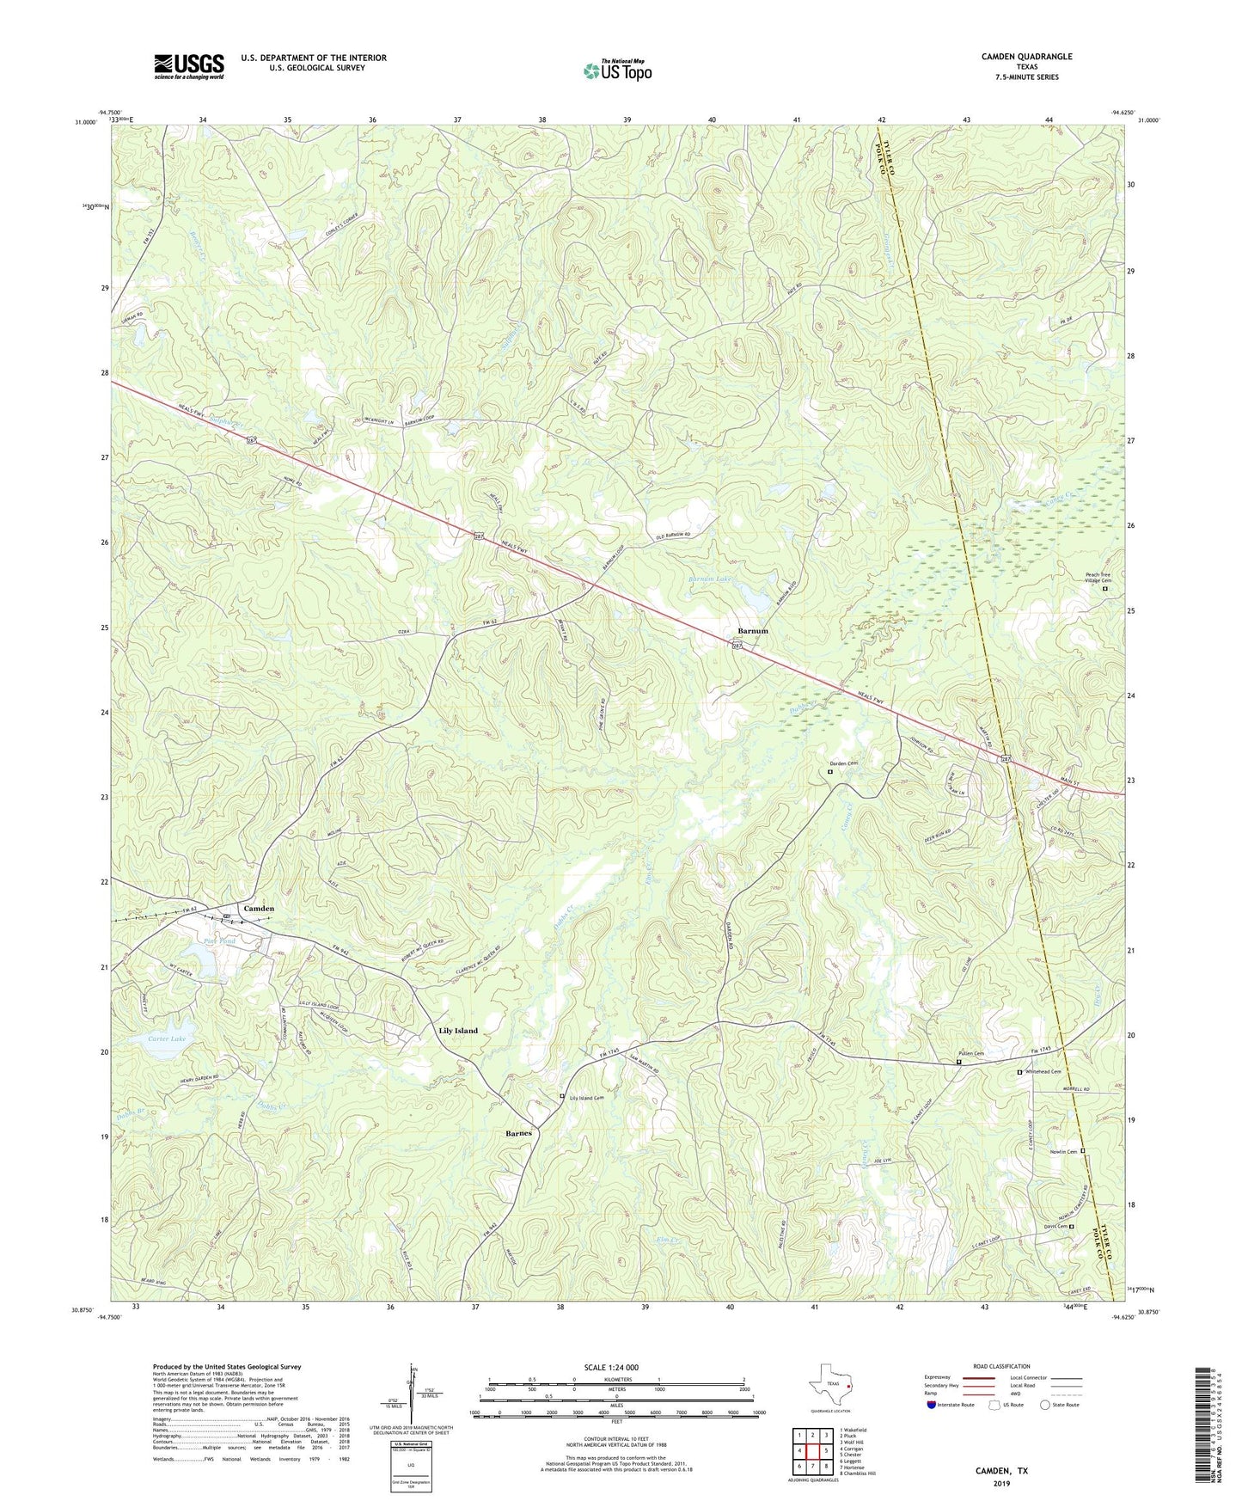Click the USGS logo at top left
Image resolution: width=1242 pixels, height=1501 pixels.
(188, 66)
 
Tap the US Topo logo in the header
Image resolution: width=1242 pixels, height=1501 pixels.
(617, 70)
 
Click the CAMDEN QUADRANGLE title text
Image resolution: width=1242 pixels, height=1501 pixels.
(1026, 57)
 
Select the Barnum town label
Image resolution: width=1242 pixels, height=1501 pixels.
(752, 631)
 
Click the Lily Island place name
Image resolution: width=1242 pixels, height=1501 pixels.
(458, 1030)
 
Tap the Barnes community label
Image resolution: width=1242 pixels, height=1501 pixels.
(518, 1133)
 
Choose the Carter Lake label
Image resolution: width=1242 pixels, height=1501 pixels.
(167, 1038)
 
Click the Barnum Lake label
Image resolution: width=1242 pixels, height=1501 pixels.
(710, 579)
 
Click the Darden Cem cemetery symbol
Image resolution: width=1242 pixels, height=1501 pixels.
(829, 772)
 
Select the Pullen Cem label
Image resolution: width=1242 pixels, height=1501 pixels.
(971, 1053)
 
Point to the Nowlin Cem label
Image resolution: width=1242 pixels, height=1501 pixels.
(1064, 1152)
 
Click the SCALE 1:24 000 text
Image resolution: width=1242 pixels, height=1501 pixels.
(610, 1368)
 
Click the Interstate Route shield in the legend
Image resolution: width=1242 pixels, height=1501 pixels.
(932, 1405)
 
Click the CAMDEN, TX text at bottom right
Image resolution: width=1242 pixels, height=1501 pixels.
(1000, 1471)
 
